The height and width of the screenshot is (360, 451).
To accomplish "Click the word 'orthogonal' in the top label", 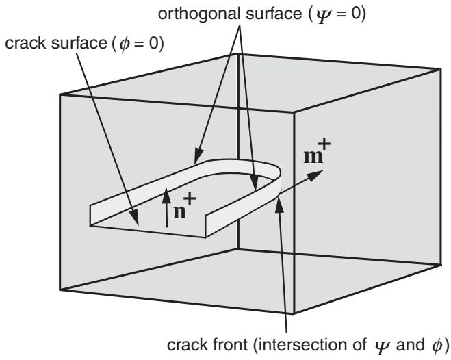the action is click(198, 14).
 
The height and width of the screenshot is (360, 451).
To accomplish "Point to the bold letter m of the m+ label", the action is click(313, 157).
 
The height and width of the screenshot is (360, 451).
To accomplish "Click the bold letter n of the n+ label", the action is click(179, 212).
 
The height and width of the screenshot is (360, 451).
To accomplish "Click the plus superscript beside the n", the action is click(190, 198).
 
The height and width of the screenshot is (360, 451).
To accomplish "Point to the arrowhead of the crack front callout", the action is click(279, 205).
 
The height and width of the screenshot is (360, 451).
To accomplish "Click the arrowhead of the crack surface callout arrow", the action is click(134, 218).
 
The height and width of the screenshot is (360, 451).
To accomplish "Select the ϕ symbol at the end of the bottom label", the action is click(437, 346).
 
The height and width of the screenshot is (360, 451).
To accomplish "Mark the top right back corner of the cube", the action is click(440, 68).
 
